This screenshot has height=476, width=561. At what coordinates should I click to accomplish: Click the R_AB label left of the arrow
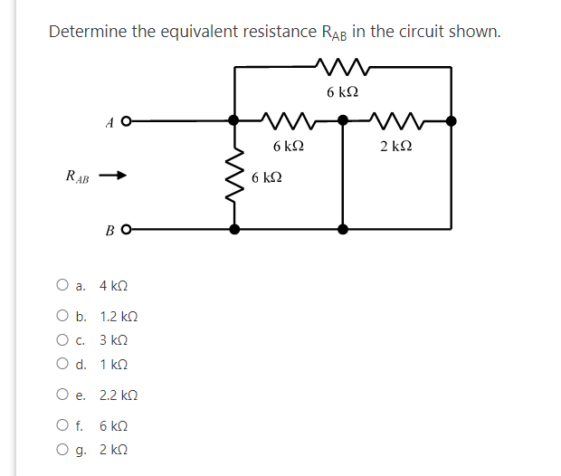77,176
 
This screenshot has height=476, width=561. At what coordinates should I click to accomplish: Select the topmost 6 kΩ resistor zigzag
341,66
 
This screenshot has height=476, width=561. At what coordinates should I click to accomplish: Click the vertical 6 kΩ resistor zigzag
235,174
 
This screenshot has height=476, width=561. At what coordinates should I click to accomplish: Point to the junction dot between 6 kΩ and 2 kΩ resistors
342,119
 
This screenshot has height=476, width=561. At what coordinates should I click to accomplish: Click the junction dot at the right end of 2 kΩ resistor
452,119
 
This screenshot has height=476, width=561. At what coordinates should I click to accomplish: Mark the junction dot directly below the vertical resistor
235,230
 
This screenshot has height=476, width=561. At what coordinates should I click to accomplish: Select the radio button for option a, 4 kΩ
62,286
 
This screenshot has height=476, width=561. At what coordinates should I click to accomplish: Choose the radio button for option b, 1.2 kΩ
62,318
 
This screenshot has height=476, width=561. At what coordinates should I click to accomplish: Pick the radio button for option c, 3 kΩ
62,341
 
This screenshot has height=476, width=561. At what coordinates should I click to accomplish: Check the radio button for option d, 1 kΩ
62,365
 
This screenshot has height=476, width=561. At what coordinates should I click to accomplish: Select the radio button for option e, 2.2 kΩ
62,395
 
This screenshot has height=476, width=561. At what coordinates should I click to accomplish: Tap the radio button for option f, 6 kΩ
62,426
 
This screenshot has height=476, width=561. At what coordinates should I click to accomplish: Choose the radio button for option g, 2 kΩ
62,450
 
